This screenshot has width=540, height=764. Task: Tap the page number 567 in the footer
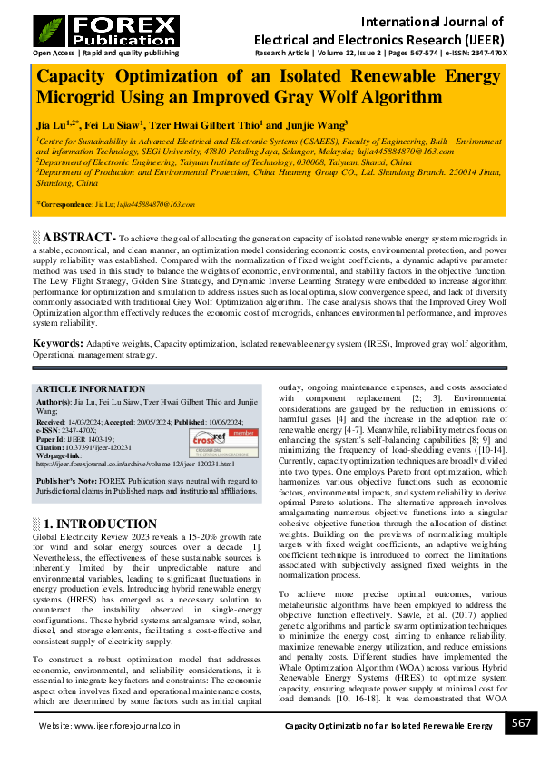click(x=520, y=723)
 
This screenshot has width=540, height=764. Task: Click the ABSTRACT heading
click(x=81, y=238)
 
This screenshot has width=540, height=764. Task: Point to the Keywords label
click(x=58, y=343)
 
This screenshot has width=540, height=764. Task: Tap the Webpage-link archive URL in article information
click(x=135, y=464)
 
